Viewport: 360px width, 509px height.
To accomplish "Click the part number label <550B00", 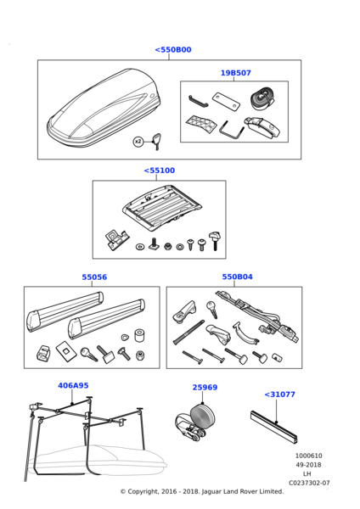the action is [173, 50].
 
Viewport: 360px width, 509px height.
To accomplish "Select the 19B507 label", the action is [235, 73].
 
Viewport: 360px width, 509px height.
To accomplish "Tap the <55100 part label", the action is [160, 171].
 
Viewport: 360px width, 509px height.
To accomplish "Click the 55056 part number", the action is [94, 277].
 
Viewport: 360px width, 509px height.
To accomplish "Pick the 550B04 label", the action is [237, 277].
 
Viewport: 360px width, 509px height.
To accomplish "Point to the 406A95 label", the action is [73, 385].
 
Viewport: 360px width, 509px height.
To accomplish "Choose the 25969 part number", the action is [205, 388].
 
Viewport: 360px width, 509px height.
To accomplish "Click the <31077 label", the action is [279, 394].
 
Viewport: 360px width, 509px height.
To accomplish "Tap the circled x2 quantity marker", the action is [138, 142].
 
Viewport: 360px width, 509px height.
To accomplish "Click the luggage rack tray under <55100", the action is [161, 208].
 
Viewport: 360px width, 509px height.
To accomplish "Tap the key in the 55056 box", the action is [88, 354].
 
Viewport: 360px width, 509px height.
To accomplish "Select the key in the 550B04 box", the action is [212, 309].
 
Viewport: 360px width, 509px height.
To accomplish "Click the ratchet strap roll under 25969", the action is [195, 421].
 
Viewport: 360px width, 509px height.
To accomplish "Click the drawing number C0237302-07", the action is [309, 483].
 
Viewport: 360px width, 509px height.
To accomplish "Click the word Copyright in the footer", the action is [143, 492].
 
